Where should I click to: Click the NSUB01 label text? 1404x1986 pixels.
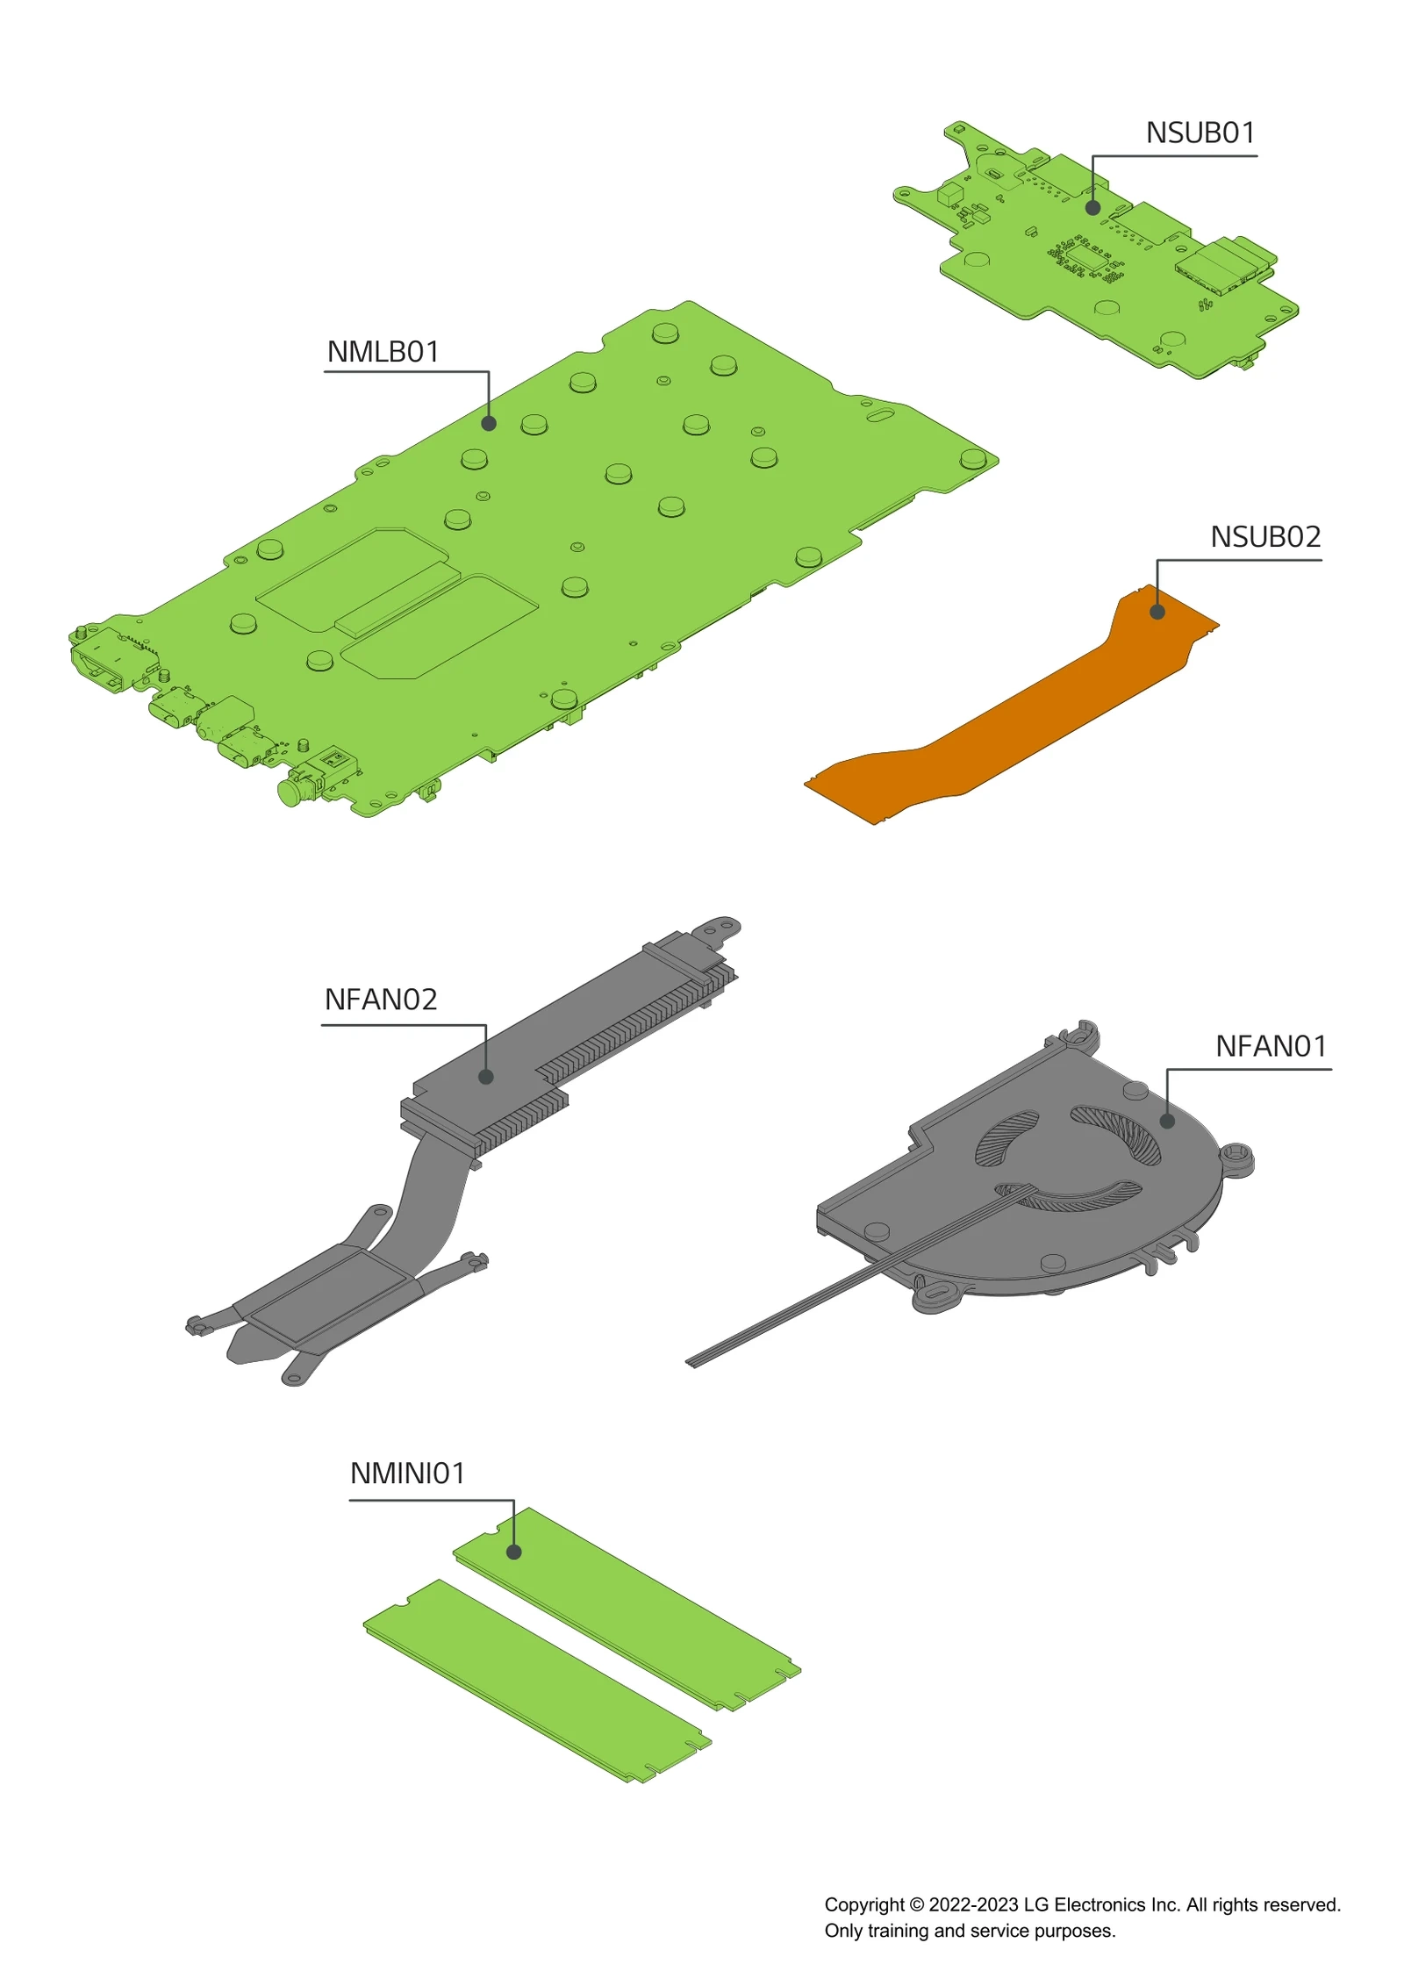pyautogui.click(x=1200, y=133)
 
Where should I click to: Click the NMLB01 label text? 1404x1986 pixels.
pyautogui.click(x=383, y=352)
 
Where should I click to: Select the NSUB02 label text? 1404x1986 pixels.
pyautogui.click(x=1264, y=537)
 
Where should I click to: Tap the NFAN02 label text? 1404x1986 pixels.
pyautogui.click(x=380, y=1000)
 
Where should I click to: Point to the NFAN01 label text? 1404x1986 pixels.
pyautogui.click(x=1270, y=1046)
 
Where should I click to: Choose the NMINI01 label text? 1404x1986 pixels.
pyautogui.click(x=407, y=1473)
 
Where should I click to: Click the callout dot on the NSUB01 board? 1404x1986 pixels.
pyautogui.click(x=1092, y=208)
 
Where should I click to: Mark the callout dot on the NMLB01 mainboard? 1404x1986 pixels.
pyautogui.click(x=489, y=424)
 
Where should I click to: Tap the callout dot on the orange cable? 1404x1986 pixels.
pyautogui.click(x=1157, y=613)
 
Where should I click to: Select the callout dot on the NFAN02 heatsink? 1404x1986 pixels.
pyautogui.click(x=485, y=1077)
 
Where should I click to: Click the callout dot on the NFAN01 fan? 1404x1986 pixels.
pyautogui.click(x=1167, y=1121)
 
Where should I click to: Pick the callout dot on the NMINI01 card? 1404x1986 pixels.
pyautogui.click(x=514, y=1552)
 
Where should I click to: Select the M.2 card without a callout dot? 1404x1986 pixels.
pyautogui.click(x=535, y=1681)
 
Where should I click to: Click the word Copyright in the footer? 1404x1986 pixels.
pyautogui.click(x=863, y=1904)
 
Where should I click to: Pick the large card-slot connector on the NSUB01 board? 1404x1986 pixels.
pyautogui.click(x=1224, y=263)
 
